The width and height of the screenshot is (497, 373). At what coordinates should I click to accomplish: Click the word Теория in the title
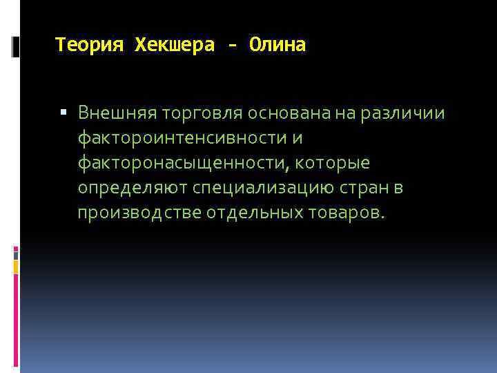point(89,46)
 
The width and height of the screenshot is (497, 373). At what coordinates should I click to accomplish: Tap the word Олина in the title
point(278,46)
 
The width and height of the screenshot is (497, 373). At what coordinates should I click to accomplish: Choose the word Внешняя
point(117,112)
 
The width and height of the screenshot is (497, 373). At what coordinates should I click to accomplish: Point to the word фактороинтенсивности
point(180,137)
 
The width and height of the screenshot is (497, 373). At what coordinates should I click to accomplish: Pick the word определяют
point(133,188)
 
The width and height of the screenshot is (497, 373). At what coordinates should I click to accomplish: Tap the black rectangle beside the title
point(16,46)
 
